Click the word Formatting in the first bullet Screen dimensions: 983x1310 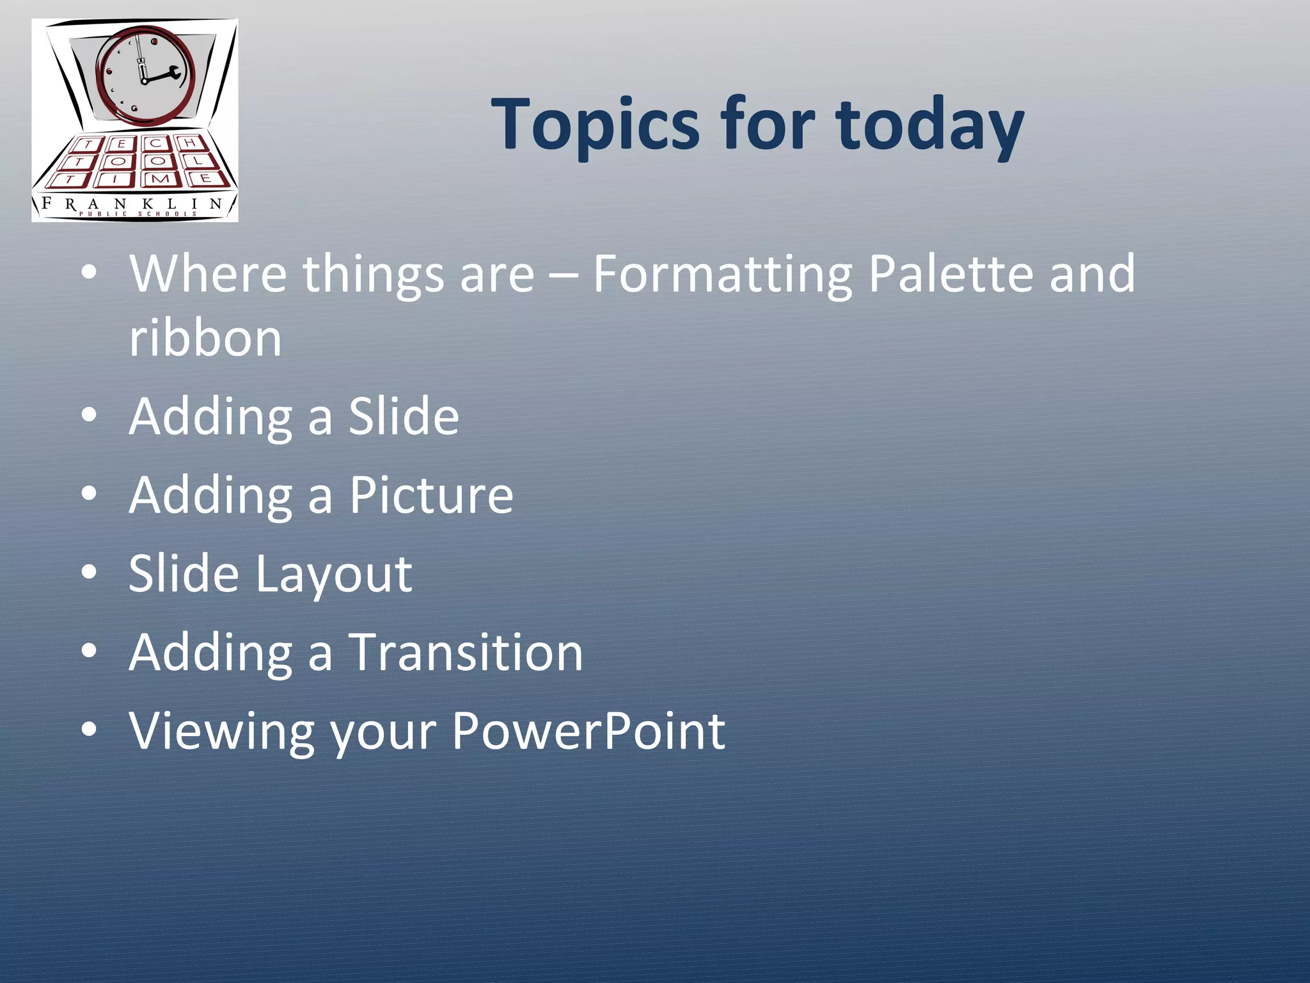pyautogui.click(x=722, y=275)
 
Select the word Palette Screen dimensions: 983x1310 pyautogui.click(x=951, y=273)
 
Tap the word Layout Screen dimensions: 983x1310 pyautogui.click(x=333, y=574)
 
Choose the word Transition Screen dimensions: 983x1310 pyautogui.click(x=465, y=652)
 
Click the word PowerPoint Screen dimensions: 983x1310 pyautogui.click(x=588, y=731)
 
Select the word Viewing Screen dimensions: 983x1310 pyautogui.click(x=221, y=731)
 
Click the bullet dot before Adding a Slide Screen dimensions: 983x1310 pyautogui.click(x=89, y=416)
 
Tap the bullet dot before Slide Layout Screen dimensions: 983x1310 pyautogui.click(x=89, y=572)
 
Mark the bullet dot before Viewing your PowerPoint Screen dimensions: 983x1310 pyautogui.click(x=89, y=729)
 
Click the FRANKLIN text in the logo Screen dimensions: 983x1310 pyautogui.click(x=131, y=204)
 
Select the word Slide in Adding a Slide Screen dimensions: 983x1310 pyautogui.click(x=403, y=416)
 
